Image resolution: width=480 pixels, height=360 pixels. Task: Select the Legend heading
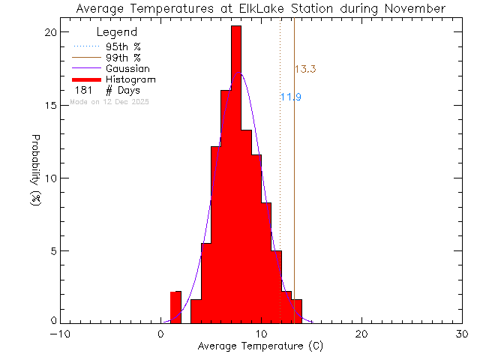point(117,32)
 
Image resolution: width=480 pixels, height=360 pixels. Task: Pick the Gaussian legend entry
point(127,68)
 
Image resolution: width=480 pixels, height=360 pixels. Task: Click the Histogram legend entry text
point(130,79)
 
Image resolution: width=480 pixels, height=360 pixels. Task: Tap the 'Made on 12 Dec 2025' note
point(109,101)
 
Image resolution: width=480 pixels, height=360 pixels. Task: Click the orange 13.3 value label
point(304,70)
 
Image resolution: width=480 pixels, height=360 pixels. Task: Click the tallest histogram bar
point(235,172)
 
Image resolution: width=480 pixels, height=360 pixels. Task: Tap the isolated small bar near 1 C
point(175,307)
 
